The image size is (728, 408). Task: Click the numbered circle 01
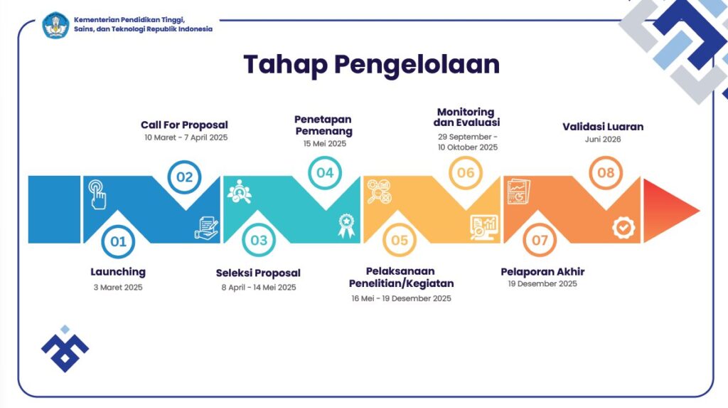(118, 241)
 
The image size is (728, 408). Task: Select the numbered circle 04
(325, 173)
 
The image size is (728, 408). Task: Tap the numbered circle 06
(466, 173)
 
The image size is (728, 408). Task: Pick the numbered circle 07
(540, 241)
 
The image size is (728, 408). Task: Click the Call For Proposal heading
(184, 125)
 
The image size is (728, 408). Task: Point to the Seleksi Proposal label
(258, 273)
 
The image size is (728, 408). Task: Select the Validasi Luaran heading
(603, 127)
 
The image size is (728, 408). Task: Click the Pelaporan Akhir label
(542, 271)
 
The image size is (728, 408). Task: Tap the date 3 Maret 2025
(118, 288)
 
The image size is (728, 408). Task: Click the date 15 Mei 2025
(324, 144)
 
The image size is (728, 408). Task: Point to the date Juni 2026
(603, 140)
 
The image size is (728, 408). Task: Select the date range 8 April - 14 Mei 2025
(258, 288)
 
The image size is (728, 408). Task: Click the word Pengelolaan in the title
(417, 64)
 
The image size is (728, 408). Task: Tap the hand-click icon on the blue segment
(97, 194)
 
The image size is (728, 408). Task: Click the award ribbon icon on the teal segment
(346, 225)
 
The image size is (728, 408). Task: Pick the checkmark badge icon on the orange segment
(623, 227)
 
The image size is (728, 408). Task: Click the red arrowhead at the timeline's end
(668, 209)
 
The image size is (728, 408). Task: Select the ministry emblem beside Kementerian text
(55, 25)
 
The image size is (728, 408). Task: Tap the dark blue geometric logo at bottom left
(65, 350)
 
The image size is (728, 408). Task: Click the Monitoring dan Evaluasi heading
(465, 117)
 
